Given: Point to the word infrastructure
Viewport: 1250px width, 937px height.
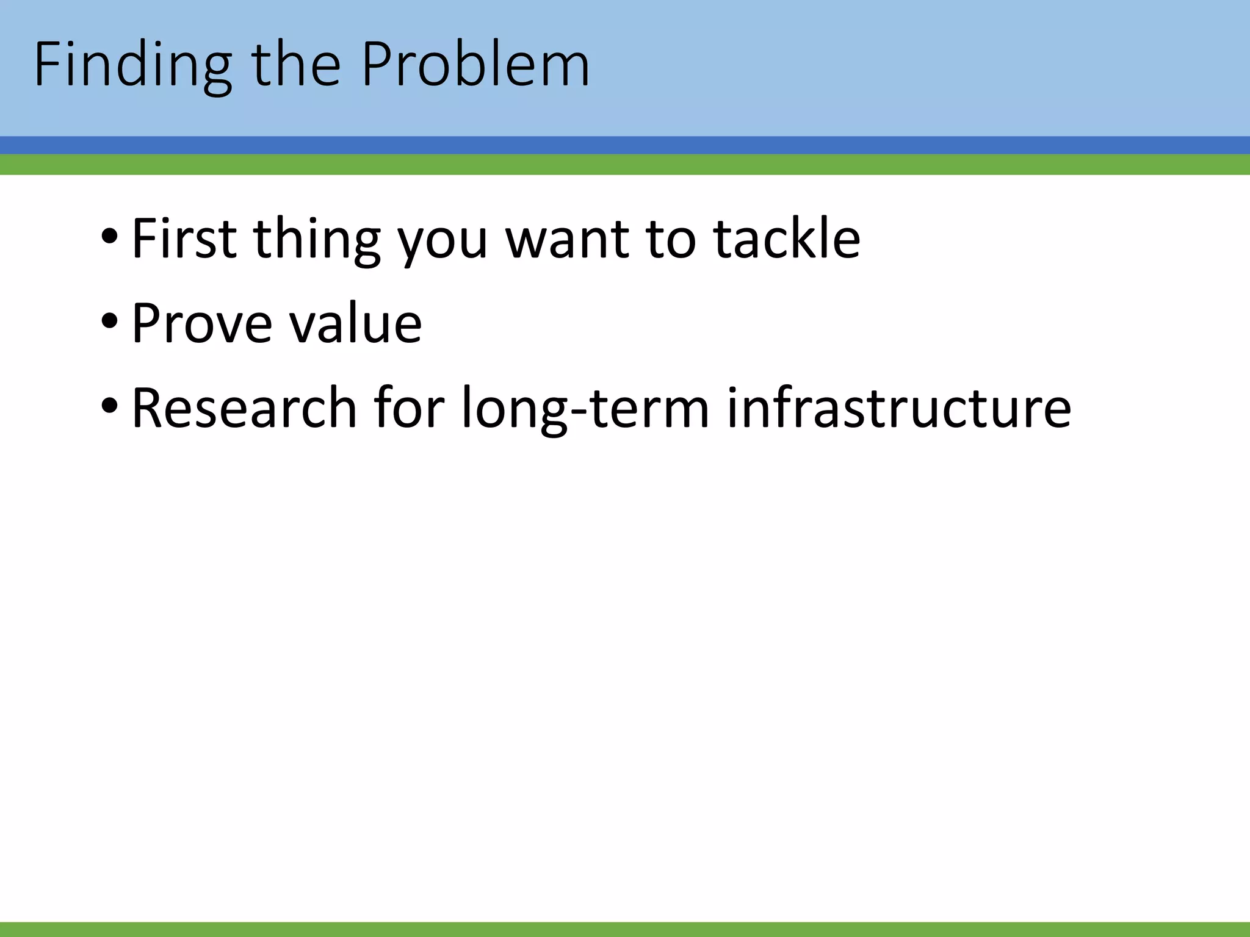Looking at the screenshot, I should click(x=898, y=407).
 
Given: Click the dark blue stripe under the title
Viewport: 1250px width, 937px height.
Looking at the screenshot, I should click(x=625, y=145).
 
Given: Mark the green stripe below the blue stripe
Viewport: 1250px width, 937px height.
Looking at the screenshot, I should click(x=625, y=165).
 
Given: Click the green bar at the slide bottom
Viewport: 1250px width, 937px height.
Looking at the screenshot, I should click(x=625, y=930).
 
